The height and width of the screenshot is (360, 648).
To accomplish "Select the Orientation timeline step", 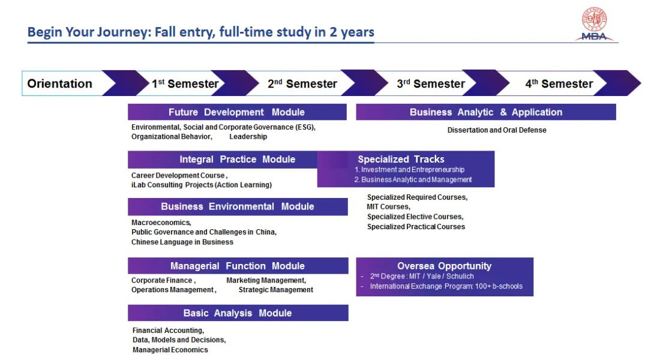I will click(x=60, y=84).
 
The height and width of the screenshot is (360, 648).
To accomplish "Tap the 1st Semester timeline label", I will click(x=185, y=84).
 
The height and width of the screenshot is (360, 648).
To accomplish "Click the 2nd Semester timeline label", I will click(x=302, y=84).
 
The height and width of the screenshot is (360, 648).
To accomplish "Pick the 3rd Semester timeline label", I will click(x=431, y=84).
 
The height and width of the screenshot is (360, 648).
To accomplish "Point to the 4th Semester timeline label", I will click(x=559, y=84).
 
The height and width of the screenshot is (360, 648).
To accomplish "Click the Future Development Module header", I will click(x=236, y=112).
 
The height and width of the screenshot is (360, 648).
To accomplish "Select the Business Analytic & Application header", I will click(x=486, y=112).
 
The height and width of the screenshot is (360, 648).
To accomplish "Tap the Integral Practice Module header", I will click(x=237, y=160).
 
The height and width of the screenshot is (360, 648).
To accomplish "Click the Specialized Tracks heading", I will click(x=401, y=160).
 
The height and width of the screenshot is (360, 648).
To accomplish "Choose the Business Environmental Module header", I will click(x=237, y=206).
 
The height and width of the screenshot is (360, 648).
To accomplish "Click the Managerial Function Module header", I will click(x=237, y=266).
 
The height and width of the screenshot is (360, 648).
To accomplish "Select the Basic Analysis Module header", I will click(x=237, y=313).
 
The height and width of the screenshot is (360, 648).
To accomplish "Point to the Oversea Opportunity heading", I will click(x=444, y=266).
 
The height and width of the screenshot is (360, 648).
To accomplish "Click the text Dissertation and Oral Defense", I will click(x=497, y=130).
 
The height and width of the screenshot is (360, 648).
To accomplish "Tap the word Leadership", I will click(x=248, y=137).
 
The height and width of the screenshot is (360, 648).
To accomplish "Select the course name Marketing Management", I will click(x=266, y=280).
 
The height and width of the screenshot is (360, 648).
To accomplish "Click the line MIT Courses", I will click(x=388, y=207).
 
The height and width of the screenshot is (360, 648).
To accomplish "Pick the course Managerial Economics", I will click(x=170, y=350).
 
